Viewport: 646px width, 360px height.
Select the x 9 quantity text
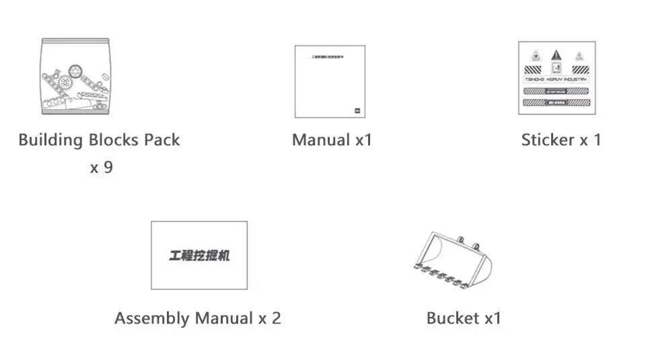pos(101,168)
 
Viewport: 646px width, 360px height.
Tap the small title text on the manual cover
pos(329,58)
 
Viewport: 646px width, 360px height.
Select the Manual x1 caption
pos(332,140)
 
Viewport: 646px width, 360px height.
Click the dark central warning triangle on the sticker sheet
pos(556,55)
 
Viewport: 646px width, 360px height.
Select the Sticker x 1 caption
pos(561,140)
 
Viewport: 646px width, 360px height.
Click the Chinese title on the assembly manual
pos(199,256)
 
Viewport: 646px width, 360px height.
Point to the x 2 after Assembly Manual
pos(269,318)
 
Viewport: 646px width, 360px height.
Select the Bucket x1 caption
pos(464,318)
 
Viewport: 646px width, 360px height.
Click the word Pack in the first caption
pos(161,140)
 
